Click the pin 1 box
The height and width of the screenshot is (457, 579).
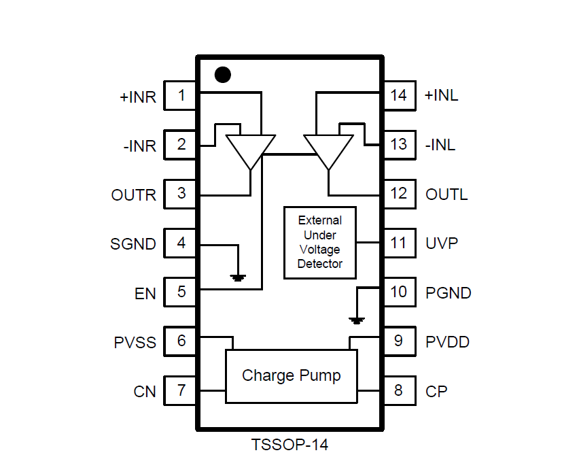point(181,95)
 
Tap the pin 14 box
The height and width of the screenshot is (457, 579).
point(399,95)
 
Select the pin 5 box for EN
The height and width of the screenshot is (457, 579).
point(181,292)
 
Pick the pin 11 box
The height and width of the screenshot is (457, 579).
point(399,243)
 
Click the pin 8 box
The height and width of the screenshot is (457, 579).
point(399,390)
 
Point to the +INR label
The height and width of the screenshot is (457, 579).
point(138,97)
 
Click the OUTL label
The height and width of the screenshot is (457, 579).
point(446,195)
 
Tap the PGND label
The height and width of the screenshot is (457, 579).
point(449,293)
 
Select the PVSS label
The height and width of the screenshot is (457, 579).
point(135,343)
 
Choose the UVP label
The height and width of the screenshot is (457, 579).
point(442,243)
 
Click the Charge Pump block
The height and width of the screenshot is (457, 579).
point(291,376)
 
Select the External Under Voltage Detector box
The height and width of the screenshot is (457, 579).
point(319,242)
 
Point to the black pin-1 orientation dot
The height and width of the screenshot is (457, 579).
point(222,75)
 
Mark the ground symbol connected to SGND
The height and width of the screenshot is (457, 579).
point(238,277)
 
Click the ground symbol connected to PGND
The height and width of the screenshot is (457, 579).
point(357,319)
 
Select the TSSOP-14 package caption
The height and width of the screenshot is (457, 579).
point(289,445)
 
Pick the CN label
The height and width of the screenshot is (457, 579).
point(145,392)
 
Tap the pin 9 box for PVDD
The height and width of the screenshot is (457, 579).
point(399,341)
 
